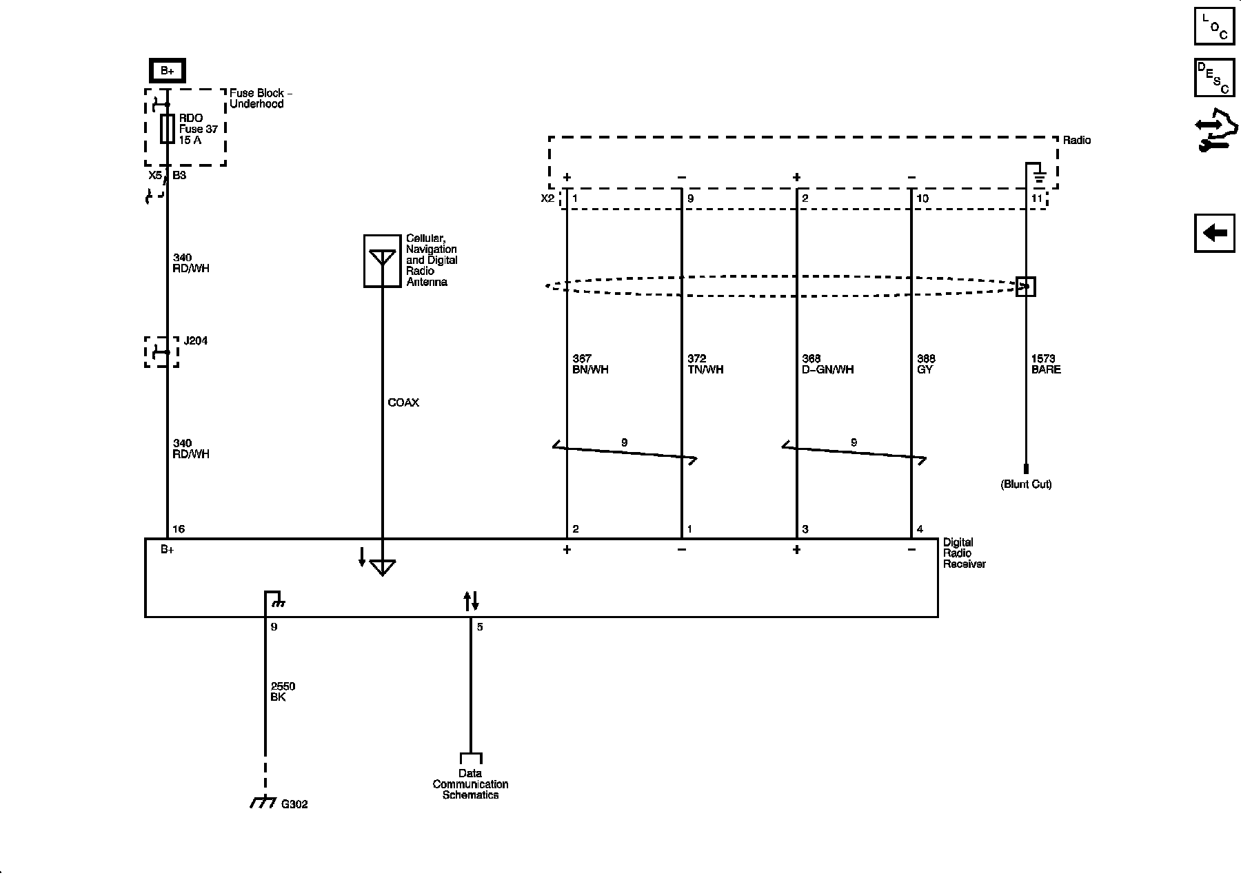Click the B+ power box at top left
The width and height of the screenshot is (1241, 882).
click(x=168, y=70)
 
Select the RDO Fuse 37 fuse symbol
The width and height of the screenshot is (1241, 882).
click(x=167, y=129)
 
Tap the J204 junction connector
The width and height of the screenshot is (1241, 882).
click(x=161, y=352)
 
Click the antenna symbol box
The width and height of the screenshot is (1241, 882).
click(x=382, y=260)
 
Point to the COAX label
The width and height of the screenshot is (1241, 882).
click(x=403, y=402)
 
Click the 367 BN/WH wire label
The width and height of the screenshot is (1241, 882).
click(x=590, y=364)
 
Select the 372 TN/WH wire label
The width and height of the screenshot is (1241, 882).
click(x=705, y=364)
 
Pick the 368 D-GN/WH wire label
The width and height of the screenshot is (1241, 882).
click(x=827, y=364)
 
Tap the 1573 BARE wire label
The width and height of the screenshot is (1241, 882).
click(x=1045, y=364)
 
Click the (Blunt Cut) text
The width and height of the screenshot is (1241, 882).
click(x=1026, y=484)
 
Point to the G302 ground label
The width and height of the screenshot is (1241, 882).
click(x=294, y=804)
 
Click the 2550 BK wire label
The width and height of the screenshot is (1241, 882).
click(x=283, y=692)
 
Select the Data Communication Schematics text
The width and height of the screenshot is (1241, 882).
click(x=470, y=784)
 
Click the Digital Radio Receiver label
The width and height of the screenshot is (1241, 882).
click(x=964, y=553)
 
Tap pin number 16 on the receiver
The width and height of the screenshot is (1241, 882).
click(x=179, y=529)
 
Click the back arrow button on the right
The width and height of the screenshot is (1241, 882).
click(x=1214, y=233)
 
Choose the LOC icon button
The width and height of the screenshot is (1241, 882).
click(x=1214, y=25)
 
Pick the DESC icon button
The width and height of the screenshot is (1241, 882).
click(x=1214, y=77)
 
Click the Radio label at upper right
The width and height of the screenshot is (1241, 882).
click(x=1077, y=140)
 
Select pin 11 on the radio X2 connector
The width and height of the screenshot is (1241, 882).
click(x=1037, y=198)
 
